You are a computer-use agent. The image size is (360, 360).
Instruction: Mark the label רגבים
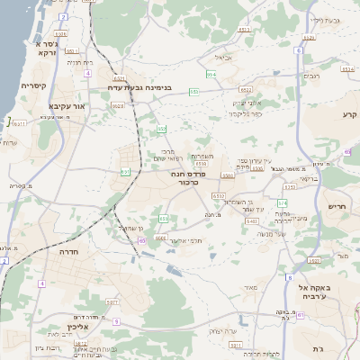tap(335, 76)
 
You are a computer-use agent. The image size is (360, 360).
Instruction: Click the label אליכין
tap(75, 327)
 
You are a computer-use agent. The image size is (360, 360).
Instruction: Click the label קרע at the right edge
tap(350, 114)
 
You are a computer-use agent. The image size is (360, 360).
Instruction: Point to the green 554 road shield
tap(211, 75)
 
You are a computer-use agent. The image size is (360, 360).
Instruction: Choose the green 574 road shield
tap(283, 203)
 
